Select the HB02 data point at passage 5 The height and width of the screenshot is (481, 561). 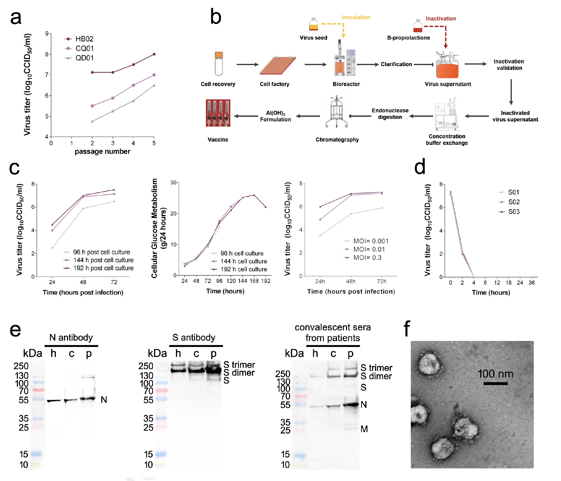click(x=154, y=54)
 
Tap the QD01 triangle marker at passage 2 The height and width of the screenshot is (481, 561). click(x=92, y=121)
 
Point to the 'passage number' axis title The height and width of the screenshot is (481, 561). click(x=102, y=151)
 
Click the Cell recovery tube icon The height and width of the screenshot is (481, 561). click(x=219, y=64)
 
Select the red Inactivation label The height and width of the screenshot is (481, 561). click(x=441, y=18)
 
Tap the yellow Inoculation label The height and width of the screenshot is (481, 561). click(x=355, y=17)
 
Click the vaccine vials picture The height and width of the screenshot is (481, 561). click(x=218, y=113)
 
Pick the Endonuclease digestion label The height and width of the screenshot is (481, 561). click(x=390, y=114)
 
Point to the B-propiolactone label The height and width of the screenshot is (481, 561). click(x=408, y=38)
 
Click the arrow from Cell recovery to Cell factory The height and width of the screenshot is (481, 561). click(x=247, y=65)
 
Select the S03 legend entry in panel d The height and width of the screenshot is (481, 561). click(x=513, y=212)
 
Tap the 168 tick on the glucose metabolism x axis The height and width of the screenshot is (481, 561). click(x=254, y=281)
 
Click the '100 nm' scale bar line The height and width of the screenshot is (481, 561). click(x=495, y=383)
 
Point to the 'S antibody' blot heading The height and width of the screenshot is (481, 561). click(x=194, y=337)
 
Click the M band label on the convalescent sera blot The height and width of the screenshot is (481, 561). click(x=364, y=429)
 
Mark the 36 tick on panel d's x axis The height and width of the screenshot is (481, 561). click(x=532, y=283)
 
